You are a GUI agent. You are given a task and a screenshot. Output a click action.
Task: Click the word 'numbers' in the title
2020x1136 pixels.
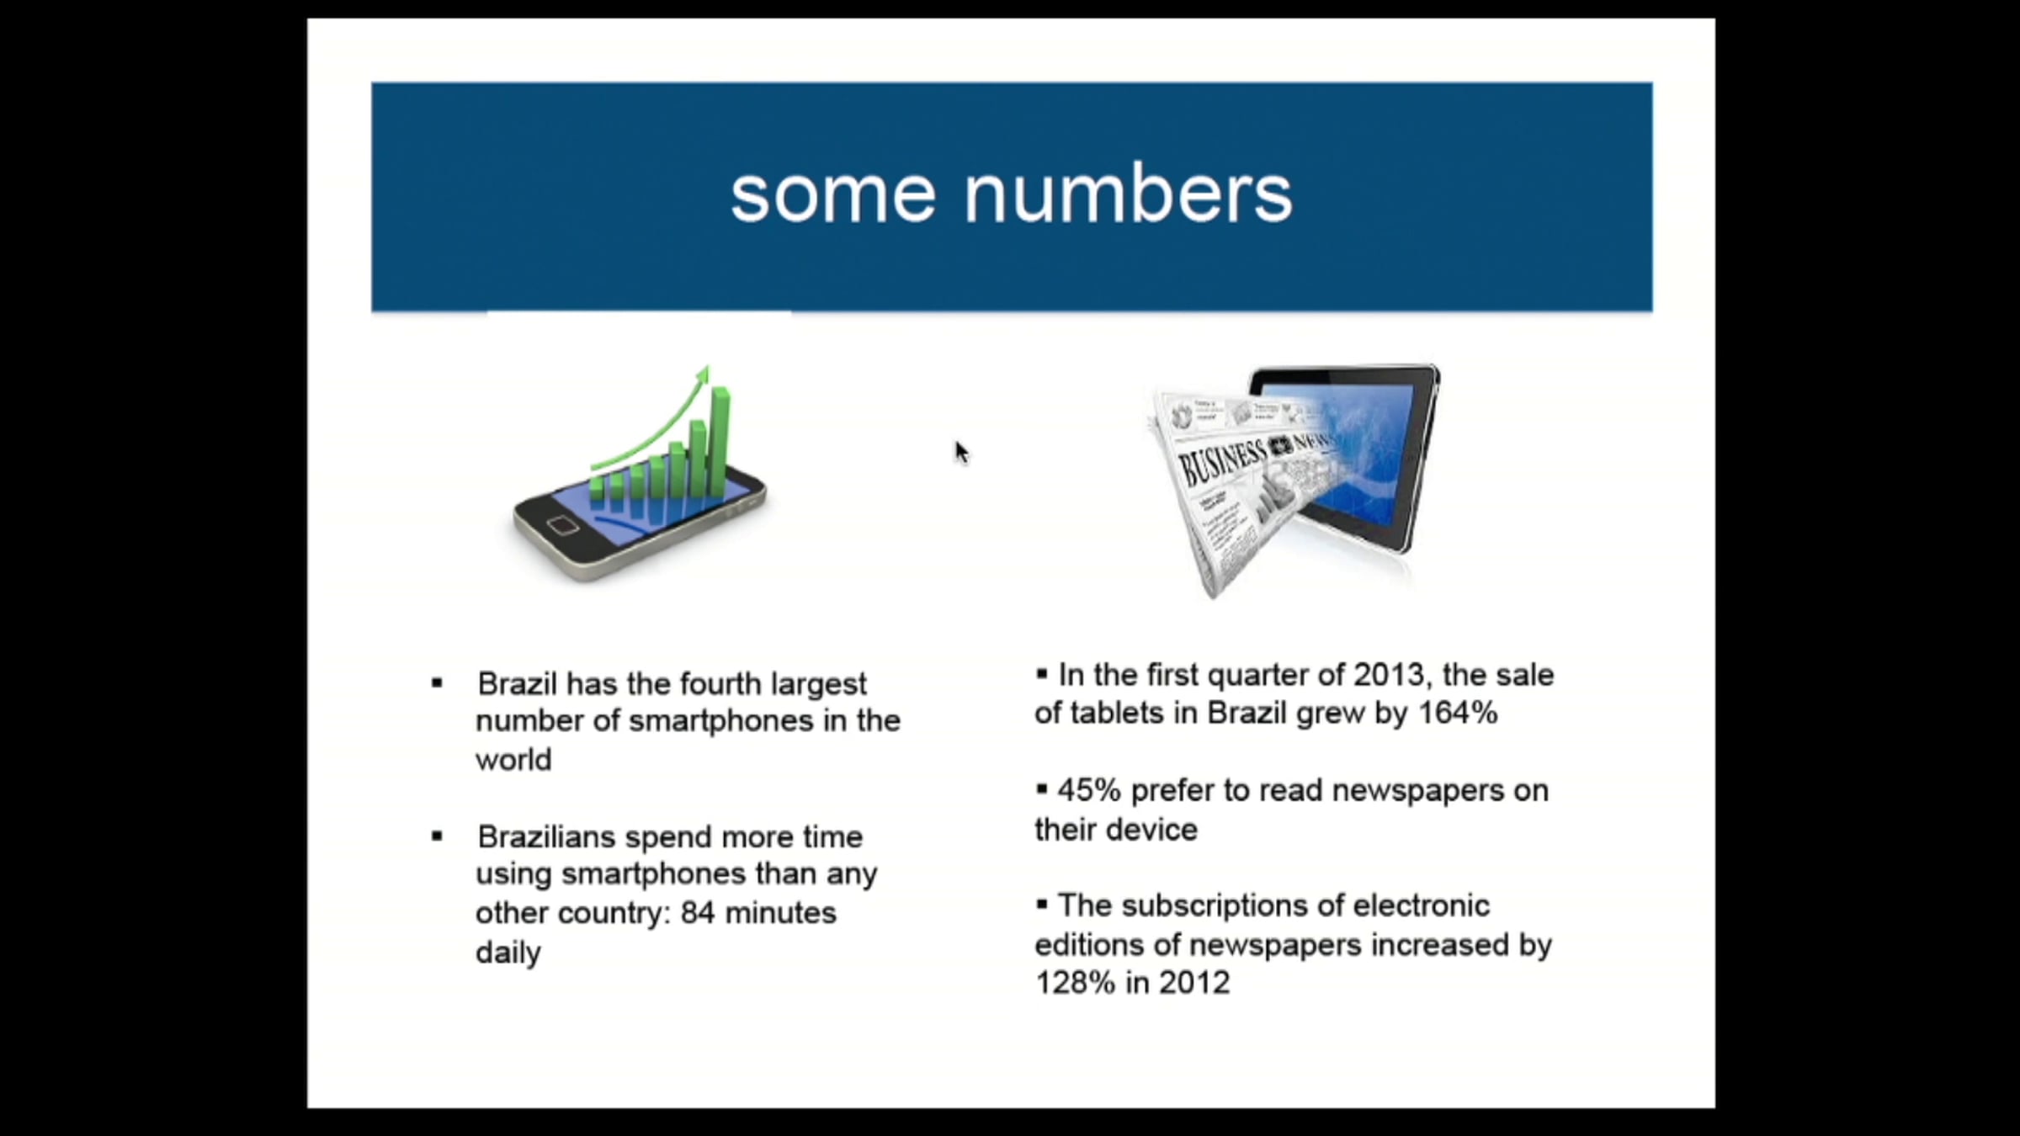[1128, 194]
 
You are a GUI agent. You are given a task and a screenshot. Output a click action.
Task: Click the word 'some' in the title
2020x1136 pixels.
[832, 198]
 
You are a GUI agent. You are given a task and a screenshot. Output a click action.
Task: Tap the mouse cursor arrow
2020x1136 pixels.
[962, 453]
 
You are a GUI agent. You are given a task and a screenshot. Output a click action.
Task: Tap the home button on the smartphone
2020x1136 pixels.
[562, 526]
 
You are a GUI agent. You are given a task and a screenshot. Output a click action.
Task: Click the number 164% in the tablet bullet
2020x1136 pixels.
[1458, 713]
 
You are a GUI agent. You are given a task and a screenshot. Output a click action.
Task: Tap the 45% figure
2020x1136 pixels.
[1089, 790]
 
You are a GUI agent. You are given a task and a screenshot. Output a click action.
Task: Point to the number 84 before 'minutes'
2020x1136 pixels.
[698, 912]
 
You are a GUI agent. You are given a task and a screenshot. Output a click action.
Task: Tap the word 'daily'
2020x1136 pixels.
[508, 953]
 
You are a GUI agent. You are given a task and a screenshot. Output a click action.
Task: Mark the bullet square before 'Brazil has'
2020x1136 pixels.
[436, 683]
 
